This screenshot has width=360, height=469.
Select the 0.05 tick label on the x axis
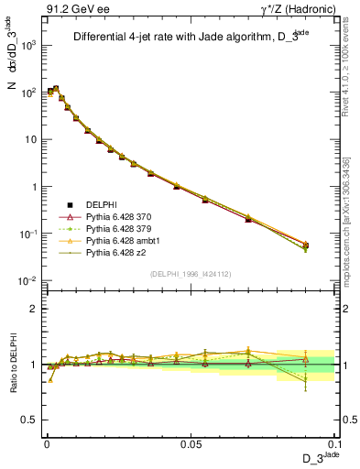point(191,443)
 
